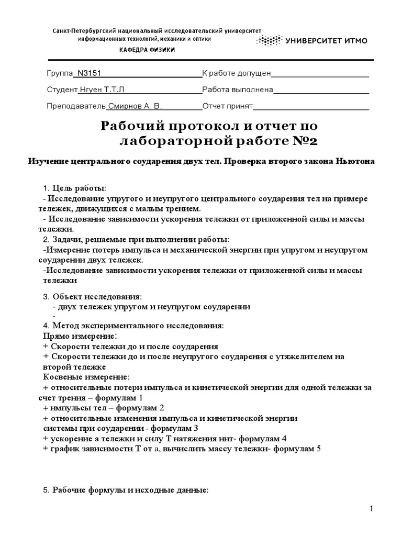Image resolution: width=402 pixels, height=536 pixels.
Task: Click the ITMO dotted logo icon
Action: (x=268, y=40)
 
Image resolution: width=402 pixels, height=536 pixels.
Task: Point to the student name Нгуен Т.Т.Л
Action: (x=104, y=90)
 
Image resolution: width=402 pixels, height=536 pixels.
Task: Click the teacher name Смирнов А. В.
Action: (x=135, y=106)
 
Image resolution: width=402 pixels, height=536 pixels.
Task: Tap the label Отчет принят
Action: (x=228, y=106)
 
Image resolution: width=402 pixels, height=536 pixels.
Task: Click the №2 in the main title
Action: (x=303, y=142)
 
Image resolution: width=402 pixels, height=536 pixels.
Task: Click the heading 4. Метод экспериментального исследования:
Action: (x=133, y=326)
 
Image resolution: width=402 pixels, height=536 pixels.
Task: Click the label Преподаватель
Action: (x=76, y=106)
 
